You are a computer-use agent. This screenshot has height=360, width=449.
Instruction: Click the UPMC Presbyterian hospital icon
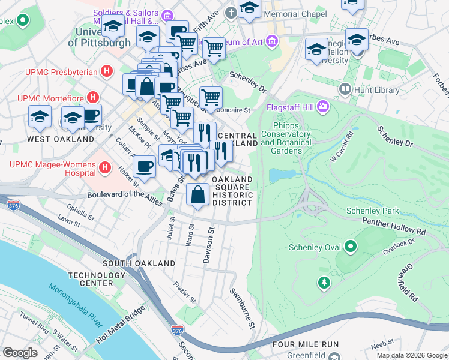(107, 71)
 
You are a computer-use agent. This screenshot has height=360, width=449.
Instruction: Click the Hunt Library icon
(345, 90)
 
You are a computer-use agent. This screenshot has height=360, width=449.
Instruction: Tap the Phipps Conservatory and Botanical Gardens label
(286, 139)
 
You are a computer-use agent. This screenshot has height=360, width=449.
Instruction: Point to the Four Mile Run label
(305, 344)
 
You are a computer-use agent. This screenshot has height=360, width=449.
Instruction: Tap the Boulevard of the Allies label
(125, 198)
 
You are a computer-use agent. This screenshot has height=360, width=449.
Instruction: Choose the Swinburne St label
(243, 308)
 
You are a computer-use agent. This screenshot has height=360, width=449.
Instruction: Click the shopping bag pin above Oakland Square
(197, 194)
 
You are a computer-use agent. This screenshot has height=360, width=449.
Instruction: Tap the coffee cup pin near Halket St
(144, 166)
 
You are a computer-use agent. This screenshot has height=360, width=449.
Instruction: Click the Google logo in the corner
(20, 353)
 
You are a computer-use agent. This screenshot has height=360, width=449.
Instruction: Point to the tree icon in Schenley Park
(324, 281)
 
